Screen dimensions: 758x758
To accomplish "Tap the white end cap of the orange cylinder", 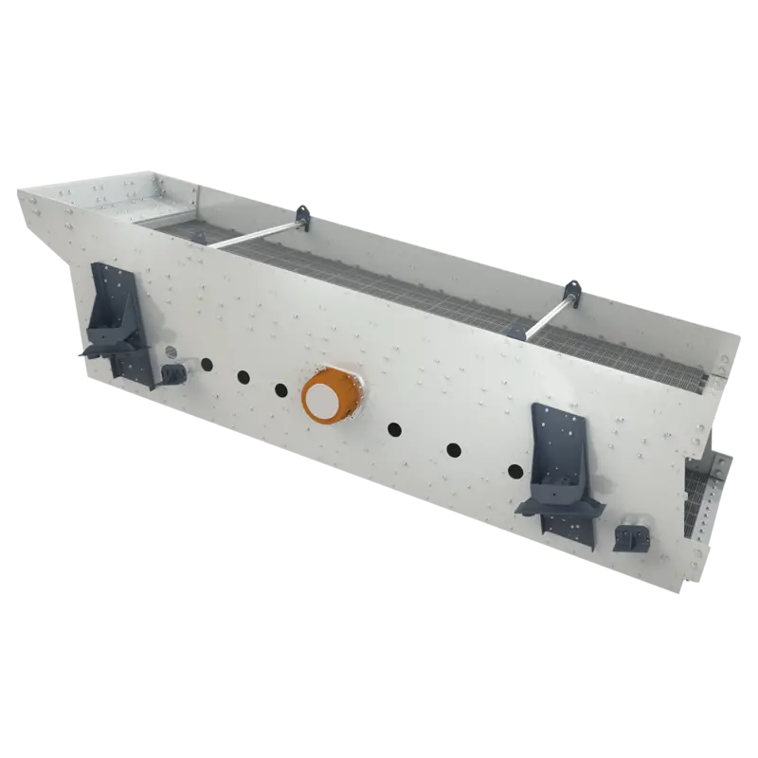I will pyautogui.click(x=321, y=400).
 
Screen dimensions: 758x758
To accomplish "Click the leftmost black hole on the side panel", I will pyautogui.click(x=205, y=362).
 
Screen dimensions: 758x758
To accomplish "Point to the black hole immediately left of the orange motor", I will pyautogui.click(x=280, y=389).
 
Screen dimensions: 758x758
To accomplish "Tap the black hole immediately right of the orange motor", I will pyautogui.click(x=394, y=429).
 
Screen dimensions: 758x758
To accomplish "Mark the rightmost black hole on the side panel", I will pyautogui.click(x=514, y=471).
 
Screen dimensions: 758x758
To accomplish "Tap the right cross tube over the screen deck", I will pyautogui.click(x=550, y=309).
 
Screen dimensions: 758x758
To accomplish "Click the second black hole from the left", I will pyautogui.click(x=243, y=375).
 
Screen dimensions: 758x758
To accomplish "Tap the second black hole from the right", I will pyautogui.click(x=454, y=449).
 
